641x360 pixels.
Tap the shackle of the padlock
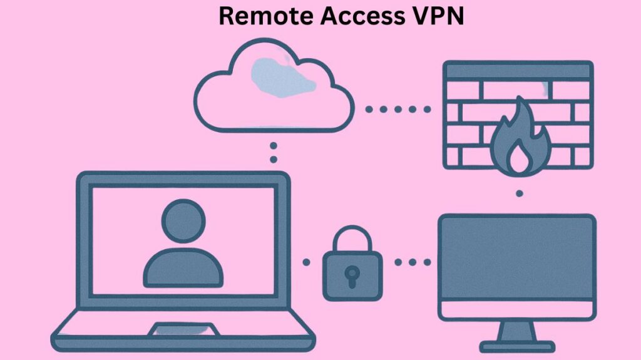(x=352, y=240)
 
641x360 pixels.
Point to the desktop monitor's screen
(x=516, y=257)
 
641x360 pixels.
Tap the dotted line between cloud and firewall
(x=399, y=109)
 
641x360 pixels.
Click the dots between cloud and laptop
(x=273, y=152)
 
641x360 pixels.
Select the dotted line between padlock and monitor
(x=413, y=262)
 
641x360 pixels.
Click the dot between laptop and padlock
(x=306, y=262)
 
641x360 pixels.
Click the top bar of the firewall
(x=517, y=70)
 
